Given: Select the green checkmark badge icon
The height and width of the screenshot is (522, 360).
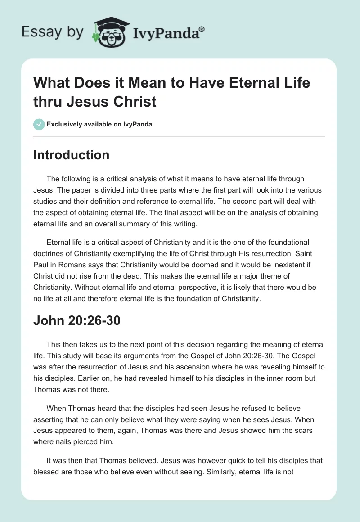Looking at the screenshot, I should click(x=39, y=124).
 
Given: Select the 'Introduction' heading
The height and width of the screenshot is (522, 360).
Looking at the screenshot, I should click(x=71, y=155).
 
